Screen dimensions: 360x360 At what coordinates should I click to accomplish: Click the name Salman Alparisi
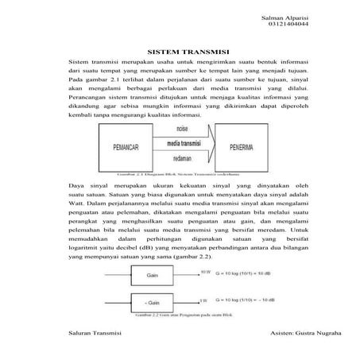(x=282, y=17)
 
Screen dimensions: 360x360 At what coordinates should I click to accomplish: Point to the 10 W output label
(x=205, y=272)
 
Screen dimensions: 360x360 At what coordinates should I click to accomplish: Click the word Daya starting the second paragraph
(x=77, y=184)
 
